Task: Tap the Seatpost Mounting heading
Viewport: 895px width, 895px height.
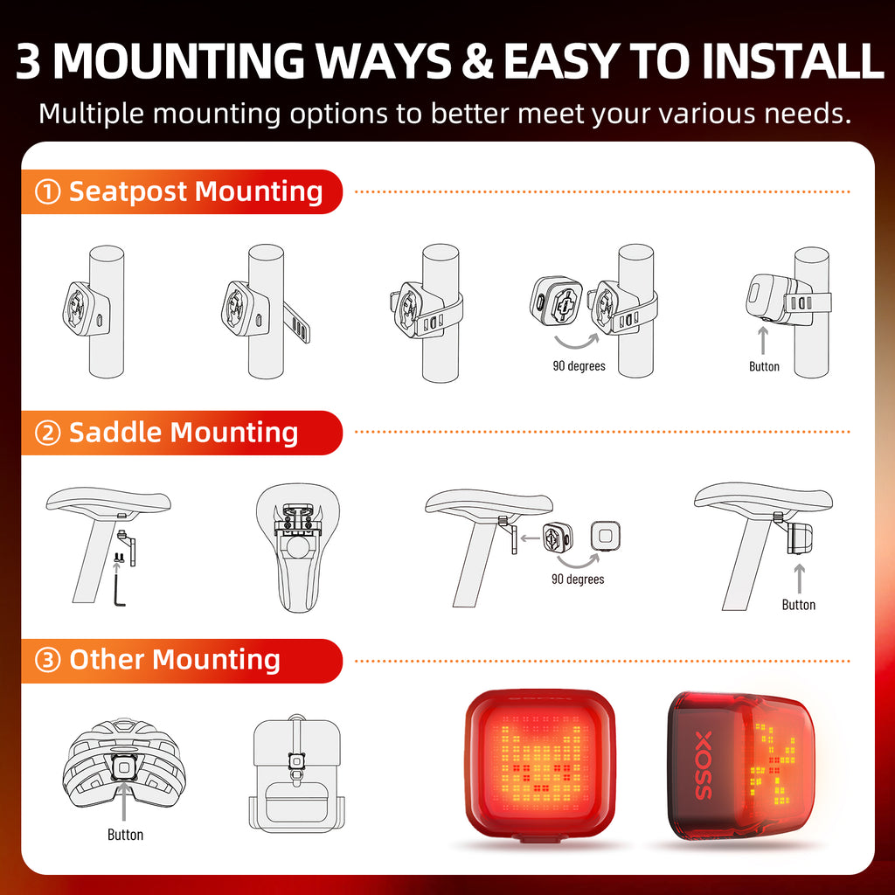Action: coord(196,191)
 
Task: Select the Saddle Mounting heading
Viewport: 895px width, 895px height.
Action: coord(184,433)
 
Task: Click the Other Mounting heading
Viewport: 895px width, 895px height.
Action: coord(175,660)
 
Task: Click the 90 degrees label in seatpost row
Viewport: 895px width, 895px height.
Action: coord(579,365)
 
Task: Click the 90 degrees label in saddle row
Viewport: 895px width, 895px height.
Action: coord(578,579)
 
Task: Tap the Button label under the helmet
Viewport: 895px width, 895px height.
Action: coord(125,835)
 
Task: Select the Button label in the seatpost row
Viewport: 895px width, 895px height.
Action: coord(764,366)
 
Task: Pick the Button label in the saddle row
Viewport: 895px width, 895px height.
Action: coord(798,605)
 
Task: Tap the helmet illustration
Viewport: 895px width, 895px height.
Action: coord(123,760)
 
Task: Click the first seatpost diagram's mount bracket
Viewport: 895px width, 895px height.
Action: coord(79,310)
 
